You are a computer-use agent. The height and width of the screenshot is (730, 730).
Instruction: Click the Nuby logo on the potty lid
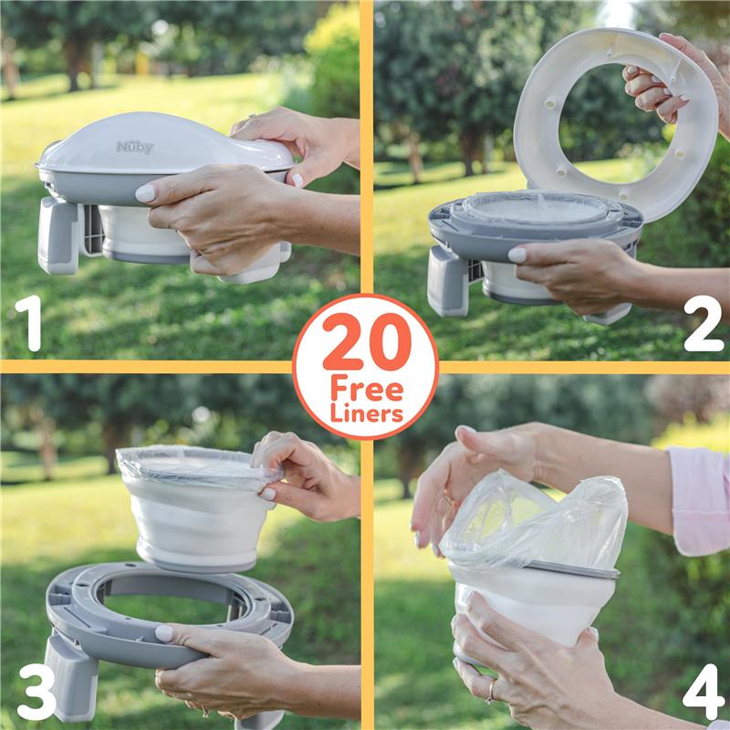coord(135,147)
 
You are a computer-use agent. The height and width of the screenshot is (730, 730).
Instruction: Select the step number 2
coord(703,323)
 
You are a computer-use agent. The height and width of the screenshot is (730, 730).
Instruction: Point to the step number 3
coord(36,690)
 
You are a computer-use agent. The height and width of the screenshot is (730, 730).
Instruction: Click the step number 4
coord(703,691)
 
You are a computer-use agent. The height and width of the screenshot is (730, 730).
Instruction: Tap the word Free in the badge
coord(366,389)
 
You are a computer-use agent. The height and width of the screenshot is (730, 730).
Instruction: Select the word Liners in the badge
coord(366,413)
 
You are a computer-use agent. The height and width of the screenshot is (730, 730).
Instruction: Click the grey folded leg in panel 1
coord(57,235)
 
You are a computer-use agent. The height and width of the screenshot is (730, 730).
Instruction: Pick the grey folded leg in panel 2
coord(449,280)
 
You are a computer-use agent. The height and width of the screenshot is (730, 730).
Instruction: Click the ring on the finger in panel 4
coord(492,693)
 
